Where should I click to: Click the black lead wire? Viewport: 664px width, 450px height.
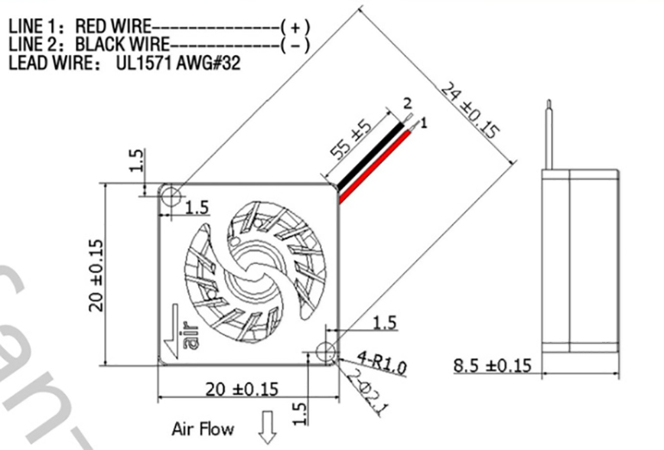pyautogui.click(x=369, y=158)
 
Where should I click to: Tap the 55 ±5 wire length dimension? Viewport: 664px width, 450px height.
pyautogui.click(x=351, y=140)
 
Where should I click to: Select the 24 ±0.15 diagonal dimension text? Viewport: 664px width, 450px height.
pyautogui.click(x=470, y=111)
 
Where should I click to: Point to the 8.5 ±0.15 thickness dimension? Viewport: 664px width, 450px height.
pyautogui.click(x=492, y=366)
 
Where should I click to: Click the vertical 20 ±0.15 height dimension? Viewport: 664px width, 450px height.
pyautogui.click(x=97, y=275)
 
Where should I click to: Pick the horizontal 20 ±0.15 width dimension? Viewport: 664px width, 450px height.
pyautogui.click(x=241, y=389)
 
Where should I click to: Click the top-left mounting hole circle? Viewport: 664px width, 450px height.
pyautogui.click(x=171, y=196)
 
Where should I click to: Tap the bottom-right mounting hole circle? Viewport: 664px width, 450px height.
pyautogui.click(x=326, y=352)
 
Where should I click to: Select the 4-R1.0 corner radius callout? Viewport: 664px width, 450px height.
pyautogui.click(x=381, y=363)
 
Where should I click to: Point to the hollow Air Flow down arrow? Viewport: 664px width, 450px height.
pyautogui.click(x=268, y=427)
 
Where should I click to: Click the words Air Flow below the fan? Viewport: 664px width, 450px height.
pyautogui.click(x=203, y=428)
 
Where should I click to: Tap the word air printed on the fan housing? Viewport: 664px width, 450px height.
pyautogui.click(x=191, y=336)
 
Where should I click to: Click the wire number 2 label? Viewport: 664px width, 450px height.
pyautogui.click(x=407, y=103)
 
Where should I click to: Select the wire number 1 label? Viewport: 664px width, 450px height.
pyautogui.click(x=424, y=122)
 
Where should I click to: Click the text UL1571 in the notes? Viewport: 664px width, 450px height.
pyautogui.click(x=143, y=63)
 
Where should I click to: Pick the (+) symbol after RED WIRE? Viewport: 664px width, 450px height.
pyautogui.click(x=295, y=27)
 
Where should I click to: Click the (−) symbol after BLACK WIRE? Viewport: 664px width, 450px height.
pyautogui.click(x=295, y=45)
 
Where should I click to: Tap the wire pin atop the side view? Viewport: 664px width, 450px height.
pyautogui.click(x=548, y=134)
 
